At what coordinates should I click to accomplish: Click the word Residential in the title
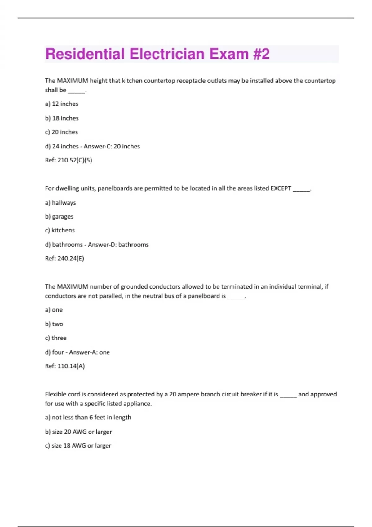tap(85, 54)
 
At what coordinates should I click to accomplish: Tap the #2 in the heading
tap(261, 54)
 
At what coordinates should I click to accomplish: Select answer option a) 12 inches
tap(62, 104)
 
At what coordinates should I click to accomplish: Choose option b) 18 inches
tap(62, 118)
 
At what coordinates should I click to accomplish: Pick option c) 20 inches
tap(61, 132)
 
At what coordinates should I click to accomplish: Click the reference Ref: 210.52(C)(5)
tap(69, 160)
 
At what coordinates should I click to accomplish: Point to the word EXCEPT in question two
tap(281, 188)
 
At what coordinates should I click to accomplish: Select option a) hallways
tap(60, 203)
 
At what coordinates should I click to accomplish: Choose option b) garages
tap(59, 217)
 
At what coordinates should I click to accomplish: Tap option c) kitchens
tap(60, 230)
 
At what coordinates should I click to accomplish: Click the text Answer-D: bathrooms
tap(118, 245)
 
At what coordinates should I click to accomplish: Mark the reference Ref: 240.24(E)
tap(64, 259)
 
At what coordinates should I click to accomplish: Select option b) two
tap(54, 324)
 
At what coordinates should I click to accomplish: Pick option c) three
tap(56, 338)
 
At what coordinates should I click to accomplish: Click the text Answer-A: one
tap(89, 352)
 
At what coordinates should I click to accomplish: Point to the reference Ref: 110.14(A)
tap(65, 366)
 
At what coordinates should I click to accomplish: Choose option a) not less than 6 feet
tap(88, 418)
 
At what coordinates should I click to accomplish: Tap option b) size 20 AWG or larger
tap(78, 432)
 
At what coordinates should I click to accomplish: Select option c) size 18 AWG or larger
tap(78, 446)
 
